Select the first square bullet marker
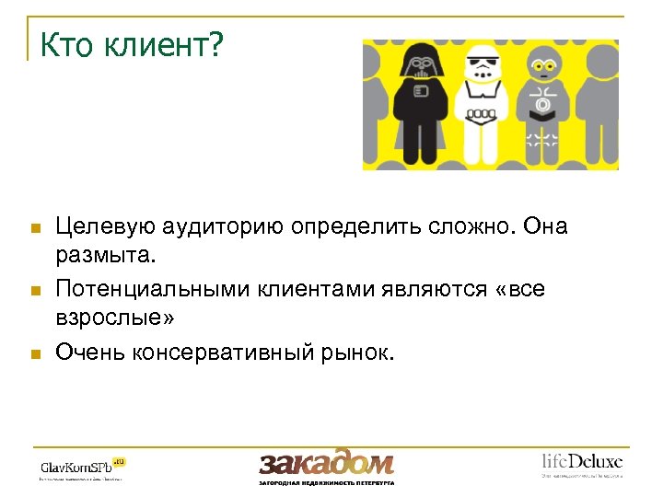pos(35,227)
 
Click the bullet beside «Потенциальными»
pos(35,291)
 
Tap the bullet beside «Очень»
pos(35,353)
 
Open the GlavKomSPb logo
pos(82,466)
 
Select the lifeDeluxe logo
pos(581,463)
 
